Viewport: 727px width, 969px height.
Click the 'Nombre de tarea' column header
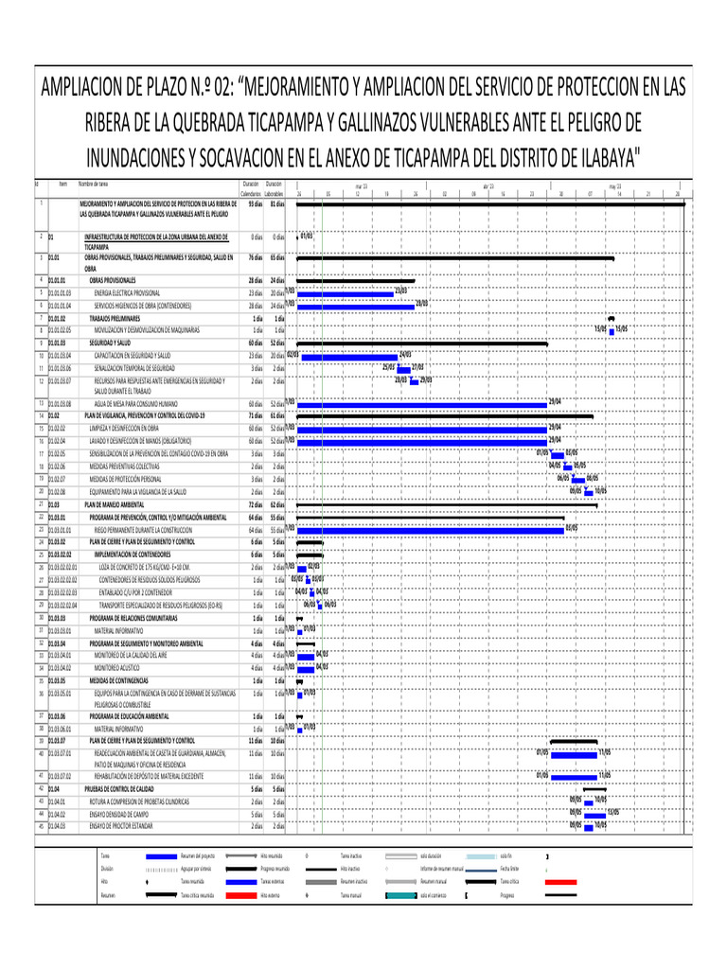[96, 184]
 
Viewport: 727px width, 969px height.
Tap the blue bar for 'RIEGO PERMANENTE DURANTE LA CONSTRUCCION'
[430, 528]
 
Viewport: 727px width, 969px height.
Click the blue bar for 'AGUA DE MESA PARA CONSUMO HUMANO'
[422, 403]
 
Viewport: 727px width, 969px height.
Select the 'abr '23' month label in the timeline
[488, 187]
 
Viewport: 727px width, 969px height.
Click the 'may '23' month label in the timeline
[614, 187]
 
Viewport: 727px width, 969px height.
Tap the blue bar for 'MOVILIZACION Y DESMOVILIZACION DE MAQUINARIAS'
[611, 330]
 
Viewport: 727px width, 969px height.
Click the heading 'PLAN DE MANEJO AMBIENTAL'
[112, 505]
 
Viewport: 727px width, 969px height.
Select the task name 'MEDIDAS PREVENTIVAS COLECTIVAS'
[125, 467]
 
